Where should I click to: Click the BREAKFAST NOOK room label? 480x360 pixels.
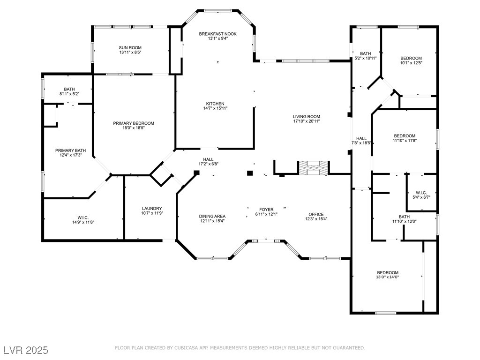217,34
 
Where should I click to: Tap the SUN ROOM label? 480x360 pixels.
130,48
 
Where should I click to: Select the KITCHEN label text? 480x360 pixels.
215,104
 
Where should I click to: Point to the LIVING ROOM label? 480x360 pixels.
307,116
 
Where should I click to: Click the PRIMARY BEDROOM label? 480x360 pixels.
134,123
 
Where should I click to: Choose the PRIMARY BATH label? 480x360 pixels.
70,150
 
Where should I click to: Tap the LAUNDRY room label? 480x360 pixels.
152,209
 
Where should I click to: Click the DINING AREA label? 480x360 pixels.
212,217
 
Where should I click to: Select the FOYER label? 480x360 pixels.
266,210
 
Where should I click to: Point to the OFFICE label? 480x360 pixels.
316,214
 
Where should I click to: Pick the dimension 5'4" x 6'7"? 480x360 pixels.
421,197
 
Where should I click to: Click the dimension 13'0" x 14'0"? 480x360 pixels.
388,277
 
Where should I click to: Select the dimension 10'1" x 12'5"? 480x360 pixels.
411,63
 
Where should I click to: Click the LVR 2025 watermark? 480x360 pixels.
26,350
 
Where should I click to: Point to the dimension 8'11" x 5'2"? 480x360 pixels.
69,94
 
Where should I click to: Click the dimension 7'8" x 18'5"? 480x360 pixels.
361,143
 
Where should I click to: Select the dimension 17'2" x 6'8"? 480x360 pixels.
208,164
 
